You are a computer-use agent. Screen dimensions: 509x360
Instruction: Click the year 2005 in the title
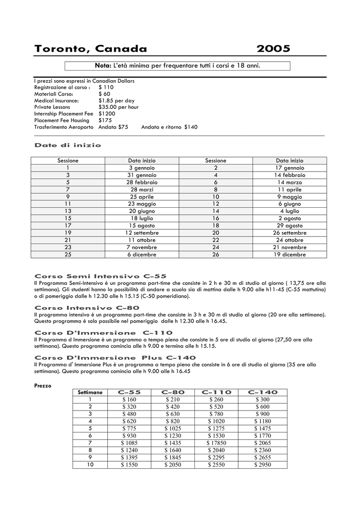tap(273, 49)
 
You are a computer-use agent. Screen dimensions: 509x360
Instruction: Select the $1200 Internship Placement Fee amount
tap(106, 113)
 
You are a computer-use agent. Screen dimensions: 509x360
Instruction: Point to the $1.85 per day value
tap(116, 100)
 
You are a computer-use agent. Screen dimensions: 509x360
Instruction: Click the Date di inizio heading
tap(68, 145)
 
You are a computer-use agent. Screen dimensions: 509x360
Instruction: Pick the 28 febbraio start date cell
tap(142, 182)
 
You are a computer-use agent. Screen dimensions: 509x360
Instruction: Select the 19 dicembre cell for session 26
tap(289, 254)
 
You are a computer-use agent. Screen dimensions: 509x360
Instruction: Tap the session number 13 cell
tap(68, 211)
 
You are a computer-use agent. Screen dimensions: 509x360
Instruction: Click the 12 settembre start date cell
tap(142, 233)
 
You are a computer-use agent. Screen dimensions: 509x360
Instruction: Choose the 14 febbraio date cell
tap(289, 175)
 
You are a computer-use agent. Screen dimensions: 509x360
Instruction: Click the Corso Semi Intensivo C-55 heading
tap(100, 276)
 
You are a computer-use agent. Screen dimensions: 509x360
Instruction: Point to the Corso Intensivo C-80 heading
tap(87, 308)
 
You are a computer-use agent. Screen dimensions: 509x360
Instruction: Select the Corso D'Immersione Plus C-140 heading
tap(115, 357)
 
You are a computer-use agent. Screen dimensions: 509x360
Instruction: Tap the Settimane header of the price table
tap(90, 393)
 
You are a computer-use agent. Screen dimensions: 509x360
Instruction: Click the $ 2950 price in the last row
tap(262, 465)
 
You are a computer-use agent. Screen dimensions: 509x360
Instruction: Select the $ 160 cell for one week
tap(129, 400)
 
